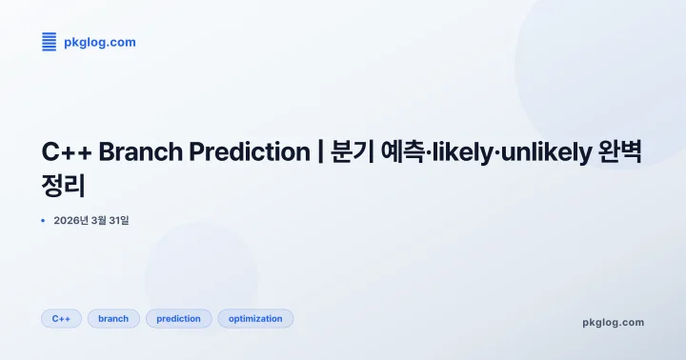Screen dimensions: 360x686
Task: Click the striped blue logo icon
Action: (x=49, y=42)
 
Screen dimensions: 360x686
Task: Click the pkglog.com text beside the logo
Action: (x=99, y=42)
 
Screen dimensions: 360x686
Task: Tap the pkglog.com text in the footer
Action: (x=613, y=322)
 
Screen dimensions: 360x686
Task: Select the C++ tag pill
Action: (x=61, y=318)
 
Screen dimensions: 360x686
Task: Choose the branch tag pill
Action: (x=113, y=318)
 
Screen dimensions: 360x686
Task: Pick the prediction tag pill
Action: (x=178, y=318)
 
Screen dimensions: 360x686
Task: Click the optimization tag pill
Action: (x=255, y=318)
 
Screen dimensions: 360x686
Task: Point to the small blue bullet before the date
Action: (x=43, y=220)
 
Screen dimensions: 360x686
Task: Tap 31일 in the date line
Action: (x=118, y=220)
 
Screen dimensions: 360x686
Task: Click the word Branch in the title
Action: (x=136, y=151)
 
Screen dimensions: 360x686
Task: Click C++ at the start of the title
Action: (x=66, y=151)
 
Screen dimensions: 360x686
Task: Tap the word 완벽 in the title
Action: (x=620, y=151)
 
